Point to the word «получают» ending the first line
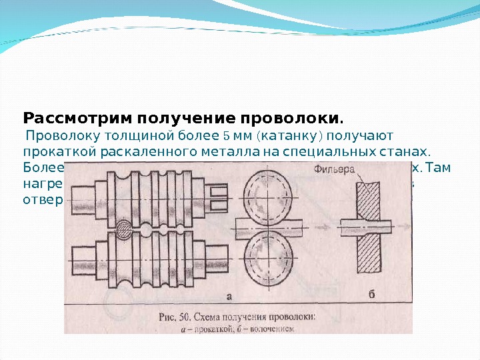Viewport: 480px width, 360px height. (361, 137)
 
